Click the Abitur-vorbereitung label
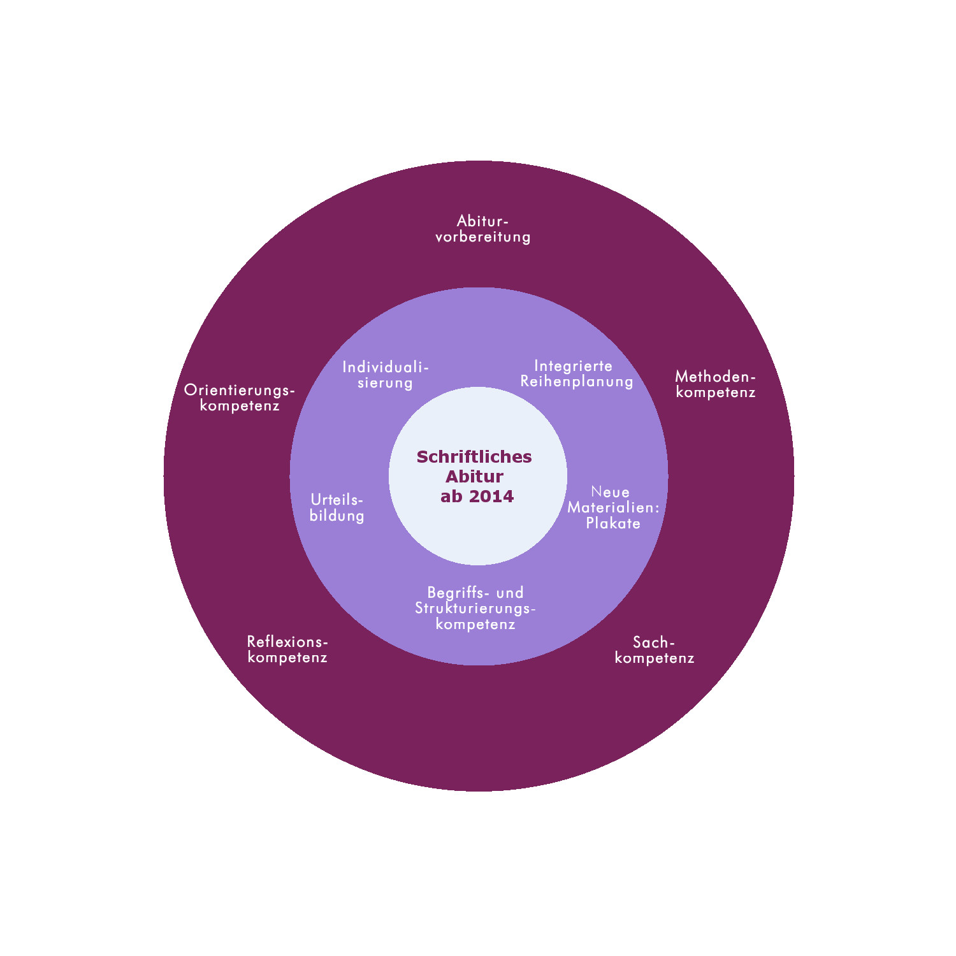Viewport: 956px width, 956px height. (x=482, y=229)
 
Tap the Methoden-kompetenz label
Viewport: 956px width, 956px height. (x=716, y=385)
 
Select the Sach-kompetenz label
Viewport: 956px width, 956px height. (x=655, y=650)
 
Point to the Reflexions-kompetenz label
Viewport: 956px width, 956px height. (x=287, y=649)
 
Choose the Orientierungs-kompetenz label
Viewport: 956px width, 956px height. (x=240, y=398)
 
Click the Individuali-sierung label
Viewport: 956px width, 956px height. (x=386, y=375)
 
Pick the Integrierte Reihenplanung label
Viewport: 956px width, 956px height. (x=577, y=373)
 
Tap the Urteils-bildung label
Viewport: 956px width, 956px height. (x=337, y=508)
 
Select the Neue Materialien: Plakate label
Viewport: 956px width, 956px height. (x=613, y=508)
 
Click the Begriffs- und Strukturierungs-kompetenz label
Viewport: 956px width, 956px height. (x=475, y=608)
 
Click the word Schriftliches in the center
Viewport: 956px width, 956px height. (x=474, y=456)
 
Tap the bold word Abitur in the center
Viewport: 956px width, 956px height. (x=475, y=476)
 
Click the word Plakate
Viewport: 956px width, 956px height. (x=613, y=523)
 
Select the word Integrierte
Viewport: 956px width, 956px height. (x=573, y=366)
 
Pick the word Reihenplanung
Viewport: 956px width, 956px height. (x=577, y=382)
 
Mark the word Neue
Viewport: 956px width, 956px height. (x=611, y=492)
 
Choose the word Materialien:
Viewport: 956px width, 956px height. (x=614, y=507)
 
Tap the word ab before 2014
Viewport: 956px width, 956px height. (x=451, y=496)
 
